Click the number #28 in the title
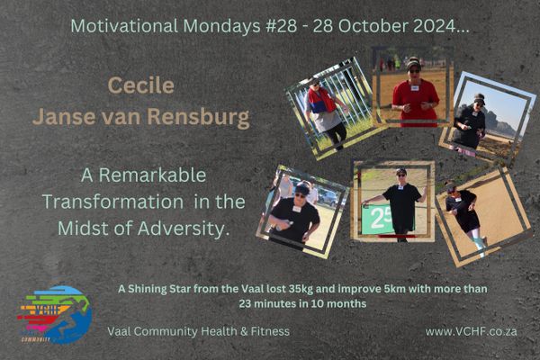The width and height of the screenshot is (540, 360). click(x=282, y=26)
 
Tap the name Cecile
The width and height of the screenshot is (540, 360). click(x=141, y=85)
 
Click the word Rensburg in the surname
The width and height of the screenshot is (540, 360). click(x=198, y=117)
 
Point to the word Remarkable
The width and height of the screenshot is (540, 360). click(x=152, y=175)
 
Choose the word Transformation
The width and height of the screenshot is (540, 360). click(x=112, y=202)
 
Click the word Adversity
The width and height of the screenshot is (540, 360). click(x=184, y=229)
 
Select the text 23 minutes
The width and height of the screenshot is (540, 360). click(x=272, y=303)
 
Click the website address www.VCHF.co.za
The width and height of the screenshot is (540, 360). click(x=471, y=331)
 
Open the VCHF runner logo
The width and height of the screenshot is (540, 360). click(x=54, y=314)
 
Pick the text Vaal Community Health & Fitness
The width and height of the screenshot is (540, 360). click(x=198, y=331)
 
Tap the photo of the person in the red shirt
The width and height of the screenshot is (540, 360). click(x=412, y=86)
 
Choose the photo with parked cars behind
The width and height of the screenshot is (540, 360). click(x=302, y=211)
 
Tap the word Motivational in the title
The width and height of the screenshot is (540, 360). click(x=124, y=26)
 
